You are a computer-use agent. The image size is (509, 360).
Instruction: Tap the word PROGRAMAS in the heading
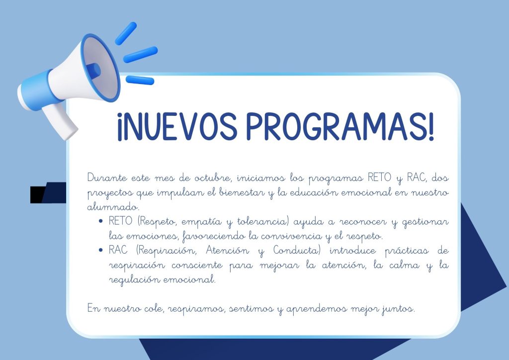(338, 126)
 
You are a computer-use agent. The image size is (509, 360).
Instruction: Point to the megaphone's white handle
(60, 122)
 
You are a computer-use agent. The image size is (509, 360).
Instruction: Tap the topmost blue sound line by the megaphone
(126, 33)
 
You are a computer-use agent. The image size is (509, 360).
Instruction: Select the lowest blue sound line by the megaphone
(140, 80)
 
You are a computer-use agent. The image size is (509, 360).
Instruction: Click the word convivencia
(291, 236)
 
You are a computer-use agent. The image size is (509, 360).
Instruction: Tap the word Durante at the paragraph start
(107, 178)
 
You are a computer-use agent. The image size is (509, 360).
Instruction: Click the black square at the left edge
(37, 195)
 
